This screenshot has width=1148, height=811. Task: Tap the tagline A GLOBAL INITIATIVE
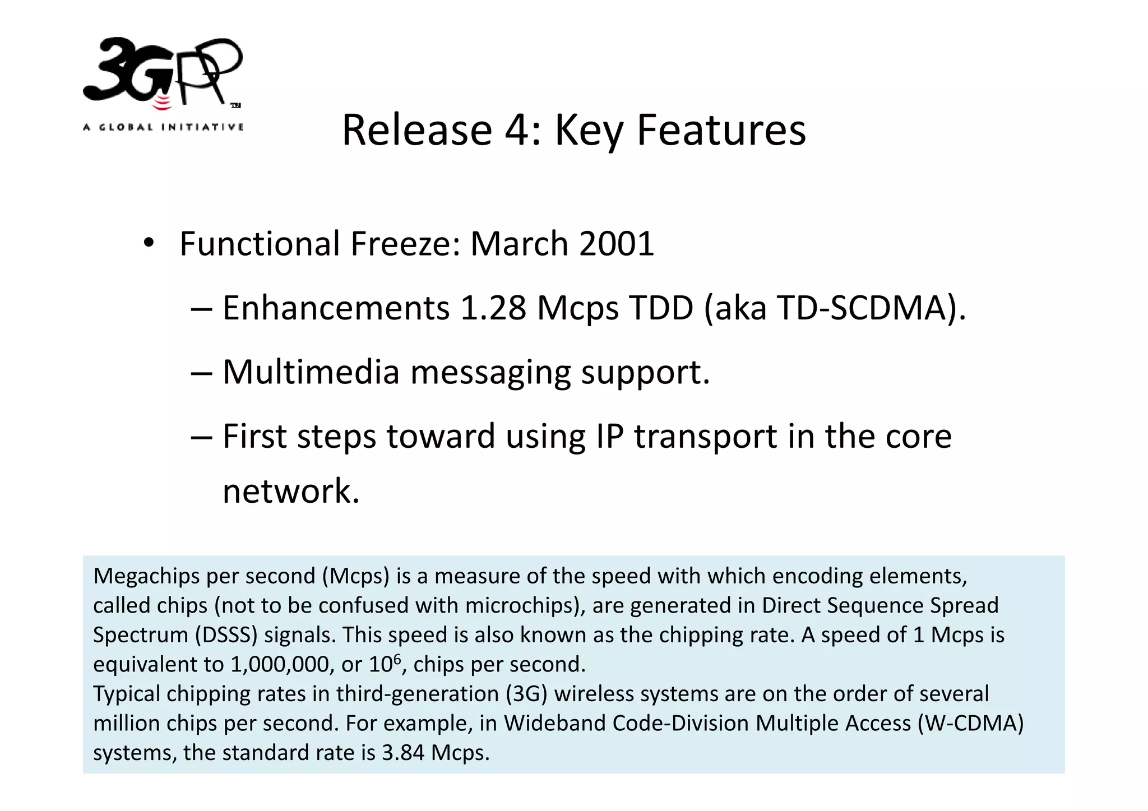click(163, 127)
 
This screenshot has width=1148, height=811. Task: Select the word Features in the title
click(721, 130)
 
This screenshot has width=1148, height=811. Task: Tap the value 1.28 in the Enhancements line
click(493, 308)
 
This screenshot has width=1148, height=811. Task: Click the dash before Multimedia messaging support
click(201, 373)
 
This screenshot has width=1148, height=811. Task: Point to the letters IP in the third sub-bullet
click(609, 436)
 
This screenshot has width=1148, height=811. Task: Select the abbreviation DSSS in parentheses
click(226, 635)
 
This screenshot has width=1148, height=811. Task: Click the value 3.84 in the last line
click(403, 753)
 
